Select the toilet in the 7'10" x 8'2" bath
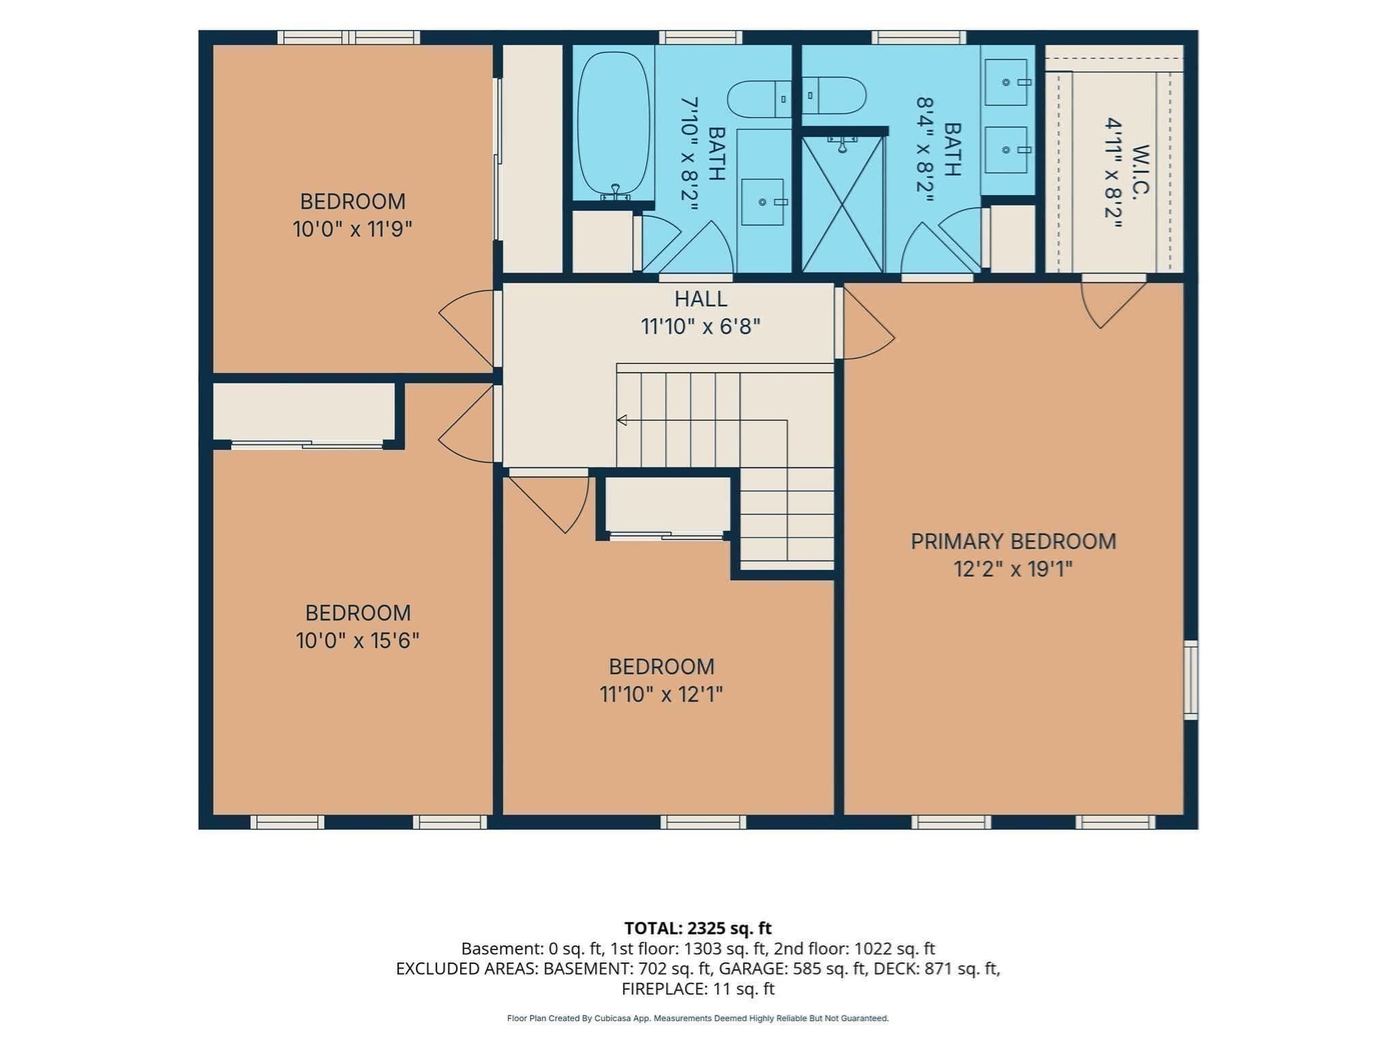point(759,100)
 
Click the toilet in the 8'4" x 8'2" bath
point(834,95)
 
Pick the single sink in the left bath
point(762,202)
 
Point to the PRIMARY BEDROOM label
point(1013,541)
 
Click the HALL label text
point(701,299)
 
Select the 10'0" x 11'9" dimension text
point(352,229)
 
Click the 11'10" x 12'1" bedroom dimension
point(661,694)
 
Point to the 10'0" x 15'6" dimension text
point(357,641)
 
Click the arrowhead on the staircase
point(622,420)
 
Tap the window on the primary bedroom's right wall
point(1190,680)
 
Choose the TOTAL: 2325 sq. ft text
point(698,928)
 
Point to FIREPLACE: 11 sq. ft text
point(698,988)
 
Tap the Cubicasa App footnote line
point(698,1018)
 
